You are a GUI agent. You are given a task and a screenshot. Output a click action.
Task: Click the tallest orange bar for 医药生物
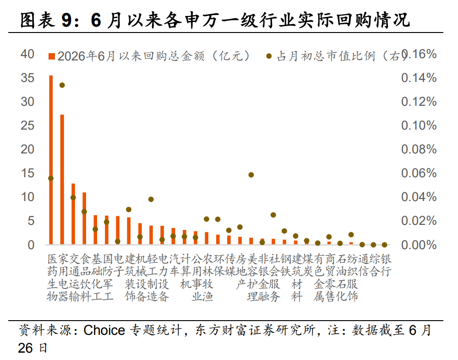click(51, 159)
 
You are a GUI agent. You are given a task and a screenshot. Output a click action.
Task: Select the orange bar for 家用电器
click(62, 179)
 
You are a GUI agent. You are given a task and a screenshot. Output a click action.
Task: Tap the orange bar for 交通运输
click(73, 213)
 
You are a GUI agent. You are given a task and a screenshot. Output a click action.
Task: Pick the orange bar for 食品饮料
click(84, 218)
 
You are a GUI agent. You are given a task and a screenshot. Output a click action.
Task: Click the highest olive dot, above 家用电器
click(62, 85)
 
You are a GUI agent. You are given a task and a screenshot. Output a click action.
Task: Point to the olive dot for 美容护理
click(251, 175)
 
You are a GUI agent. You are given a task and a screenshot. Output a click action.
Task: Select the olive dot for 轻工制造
click(151, 199)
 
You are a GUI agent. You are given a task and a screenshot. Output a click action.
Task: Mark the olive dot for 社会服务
click(273, 215)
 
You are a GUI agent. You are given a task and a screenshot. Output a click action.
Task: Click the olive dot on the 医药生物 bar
click(51, 178)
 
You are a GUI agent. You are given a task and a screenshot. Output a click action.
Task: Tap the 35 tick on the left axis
click(27, 78)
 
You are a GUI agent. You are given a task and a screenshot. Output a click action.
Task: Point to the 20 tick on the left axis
click(27, 149)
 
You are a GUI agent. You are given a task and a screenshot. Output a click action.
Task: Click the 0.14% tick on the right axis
click(419, 78)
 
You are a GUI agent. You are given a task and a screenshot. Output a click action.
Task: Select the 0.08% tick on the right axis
click(419, 149)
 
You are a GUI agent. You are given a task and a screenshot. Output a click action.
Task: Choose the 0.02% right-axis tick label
click(419, 221)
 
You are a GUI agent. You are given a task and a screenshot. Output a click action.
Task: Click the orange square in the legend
click(52, 56)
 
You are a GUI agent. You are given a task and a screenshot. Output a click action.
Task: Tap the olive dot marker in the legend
click(269, 56)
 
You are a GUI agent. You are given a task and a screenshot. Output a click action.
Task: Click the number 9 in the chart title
click(66, 21)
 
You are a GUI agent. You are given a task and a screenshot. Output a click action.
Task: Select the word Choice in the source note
click(104, 330)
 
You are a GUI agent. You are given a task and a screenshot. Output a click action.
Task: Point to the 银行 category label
click(386, 265)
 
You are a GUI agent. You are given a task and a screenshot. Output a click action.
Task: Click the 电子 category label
click(119, 265)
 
